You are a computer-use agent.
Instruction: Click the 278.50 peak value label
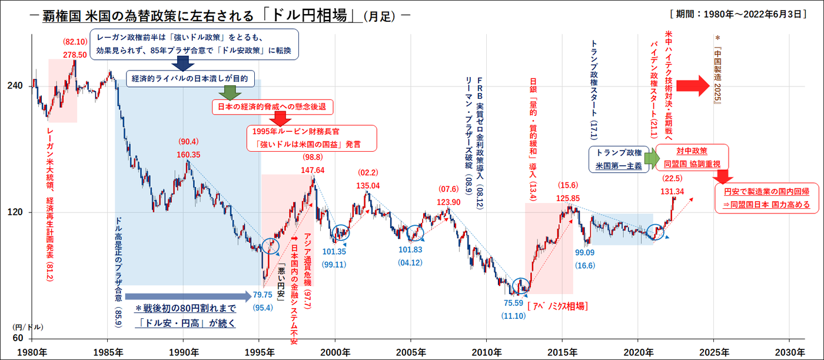point(75,55)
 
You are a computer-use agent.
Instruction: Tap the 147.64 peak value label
point(313,170)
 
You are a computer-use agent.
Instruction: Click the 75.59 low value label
point(513,304)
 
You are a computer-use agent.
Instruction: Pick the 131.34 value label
point(672,191)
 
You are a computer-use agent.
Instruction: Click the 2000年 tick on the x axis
point(335,352)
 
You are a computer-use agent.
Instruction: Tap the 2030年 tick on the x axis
point(789,352)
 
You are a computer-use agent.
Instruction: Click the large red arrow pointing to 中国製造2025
point(695,86)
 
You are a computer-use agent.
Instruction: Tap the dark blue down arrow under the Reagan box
point(182,64)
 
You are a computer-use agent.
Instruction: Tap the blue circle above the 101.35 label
point(340,234)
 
